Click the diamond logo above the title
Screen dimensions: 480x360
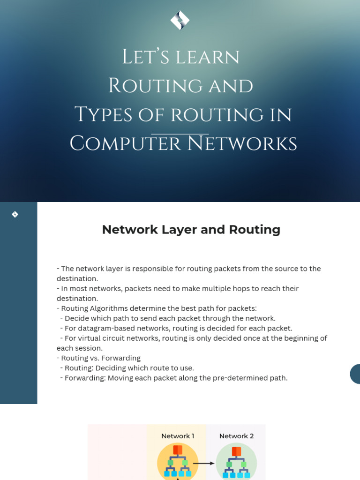click(x=180, y=20)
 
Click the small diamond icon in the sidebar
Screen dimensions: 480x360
click(x=15, y=214)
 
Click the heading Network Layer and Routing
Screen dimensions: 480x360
click(x=191, y=230)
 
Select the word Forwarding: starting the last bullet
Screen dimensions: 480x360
click(x=85, y=378)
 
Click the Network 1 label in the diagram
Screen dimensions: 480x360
click(x=178, y=436)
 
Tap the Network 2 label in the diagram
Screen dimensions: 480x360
click(x=236, y=436)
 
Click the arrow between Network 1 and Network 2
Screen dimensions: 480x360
click(x=203, y=463)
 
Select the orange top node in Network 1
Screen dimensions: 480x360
click(x=178, y=450)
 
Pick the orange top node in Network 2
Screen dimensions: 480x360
click(x=236, y=451)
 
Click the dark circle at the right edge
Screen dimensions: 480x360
click(x=356, y=374)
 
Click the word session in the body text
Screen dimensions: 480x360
click(x=92, y=348)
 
